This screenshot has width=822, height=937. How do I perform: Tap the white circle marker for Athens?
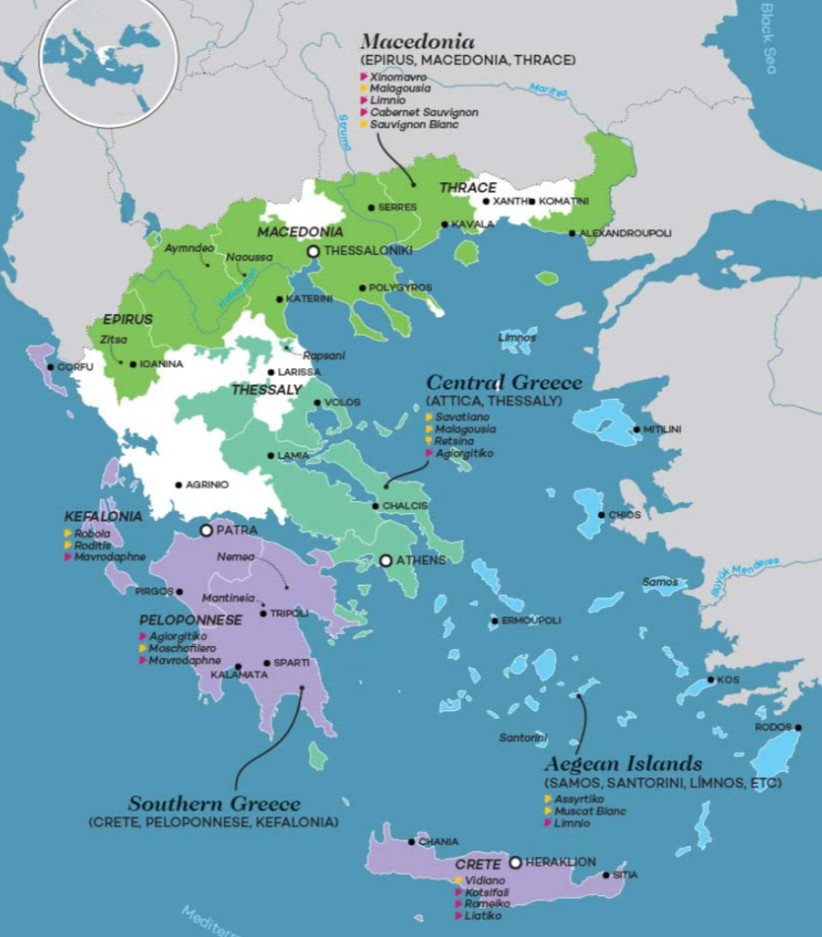(x=386, y=561)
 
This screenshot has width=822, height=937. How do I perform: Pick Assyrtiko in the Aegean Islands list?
(x=578, y=798)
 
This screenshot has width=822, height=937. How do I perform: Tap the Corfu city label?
(x=75, y=367)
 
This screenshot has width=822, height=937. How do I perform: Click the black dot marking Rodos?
(x=798, y=728)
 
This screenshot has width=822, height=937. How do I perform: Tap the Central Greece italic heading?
(x=504, y=383)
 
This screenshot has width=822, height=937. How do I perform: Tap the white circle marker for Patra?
(x=206, y=530)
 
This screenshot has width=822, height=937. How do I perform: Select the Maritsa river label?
(x=548, y=89)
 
